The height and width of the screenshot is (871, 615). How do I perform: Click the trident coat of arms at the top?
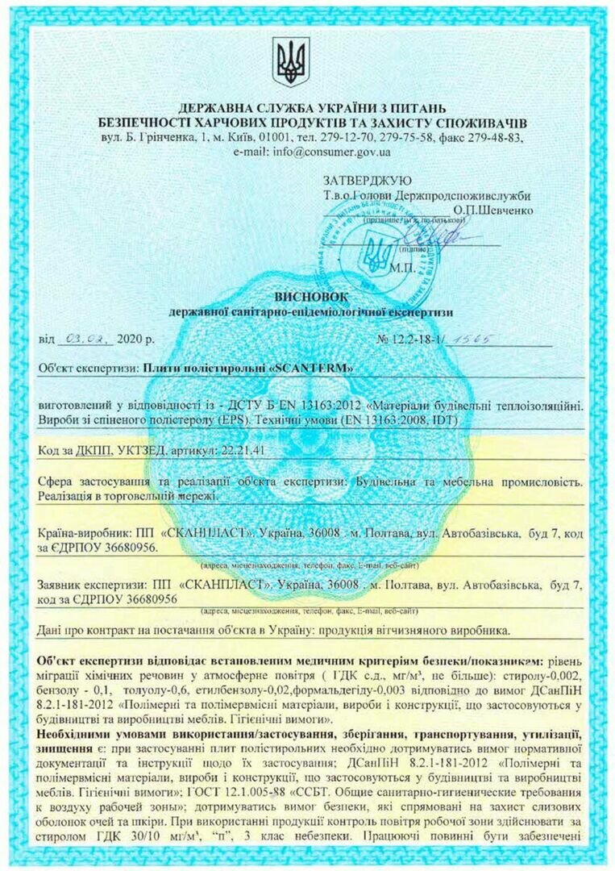(x=291, y=61)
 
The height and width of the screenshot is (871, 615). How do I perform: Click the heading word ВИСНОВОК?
(x=311, y=294)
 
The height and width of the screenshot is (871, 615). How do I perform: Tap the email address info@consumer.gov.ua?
(x=332, y=152)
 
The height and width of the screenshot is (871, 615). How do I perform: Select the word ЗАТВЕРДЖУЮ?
(x=368, y=181)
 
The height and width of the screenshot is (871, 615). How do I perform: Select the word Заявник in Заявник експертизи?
(x=63, y=584)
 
